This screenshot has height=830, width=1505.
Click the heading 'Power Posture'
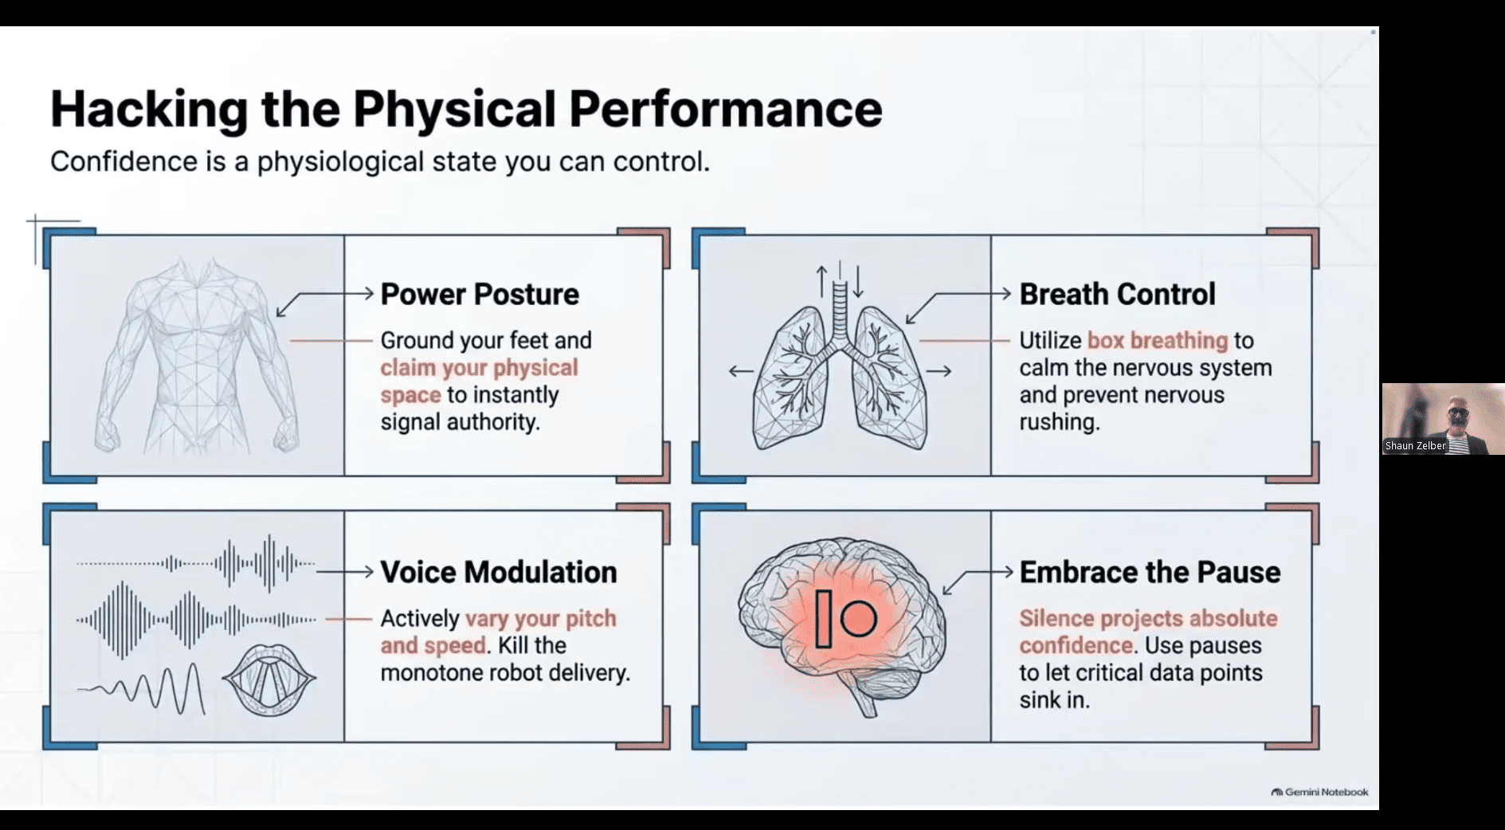point(480,295)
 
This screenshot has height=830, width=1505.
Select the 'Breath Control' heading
point(1117,294)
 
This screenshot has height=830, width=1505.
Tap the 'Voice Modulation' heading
point(499,572)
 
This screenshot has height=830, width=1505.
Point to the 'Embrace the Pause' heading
point(1150,572)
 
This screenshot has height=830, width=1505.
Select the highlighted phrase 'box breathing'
point(1158,341)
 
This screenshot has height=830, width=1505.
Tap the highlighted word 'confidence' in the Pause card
point(1076,645)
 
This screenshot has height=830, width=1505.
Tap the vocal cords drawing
point(269,679)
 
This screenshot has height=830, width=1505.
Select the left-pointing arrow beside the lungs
point(741,371)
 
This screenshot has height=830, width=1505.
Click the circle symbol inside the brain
point(858,618)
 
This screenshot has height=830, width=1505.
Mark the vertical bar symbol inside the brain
point(824,618)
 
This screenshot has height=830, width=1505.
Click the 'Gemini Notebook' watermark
point(1319,792)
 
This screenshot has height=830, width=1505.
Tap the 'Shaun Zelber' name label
point(1415,445)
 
